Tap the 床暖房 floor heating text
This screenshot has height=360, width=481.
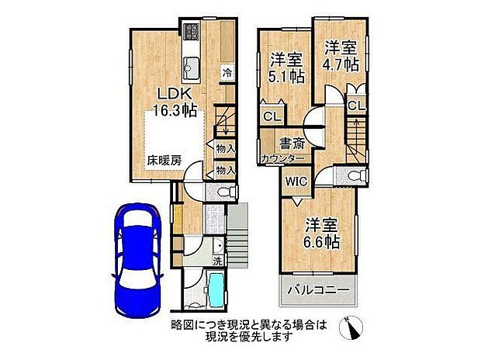tap(164, 161)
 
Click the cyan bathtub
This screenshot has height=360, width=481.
tap(215, 293)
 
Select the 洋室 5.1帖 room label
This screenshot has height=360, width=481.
tap(286, 67)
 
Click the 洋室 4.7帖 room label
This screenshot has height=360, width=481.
tap(341, 55)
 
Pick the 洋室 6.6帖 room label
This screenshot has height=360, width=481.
tap(321, 234)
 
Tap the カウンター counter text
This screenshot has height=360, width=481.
tap(282, 158)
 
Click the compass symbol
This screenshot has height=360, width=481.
tap(355, 330)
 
